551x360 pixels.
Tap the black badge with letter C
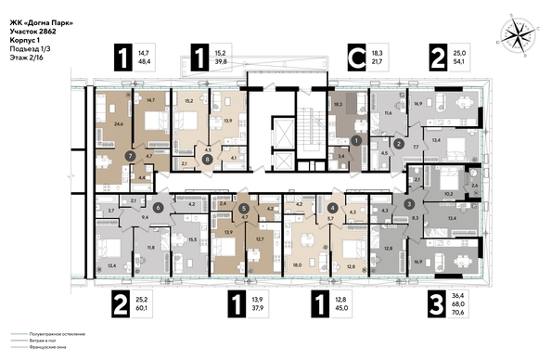point(354,58)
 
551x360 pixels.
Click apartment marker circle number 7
point(130,155)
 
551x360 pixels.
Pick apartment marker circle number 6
point(159,208)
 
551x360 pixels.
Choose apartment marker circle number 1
point(356,140)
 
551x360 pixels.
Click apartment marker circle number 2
point(398,144)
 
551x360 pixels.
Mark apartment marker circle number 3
point(409,203)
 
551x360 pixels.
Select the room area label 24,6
point(117,122)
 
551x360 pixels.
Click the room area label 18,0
point(298,264)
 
